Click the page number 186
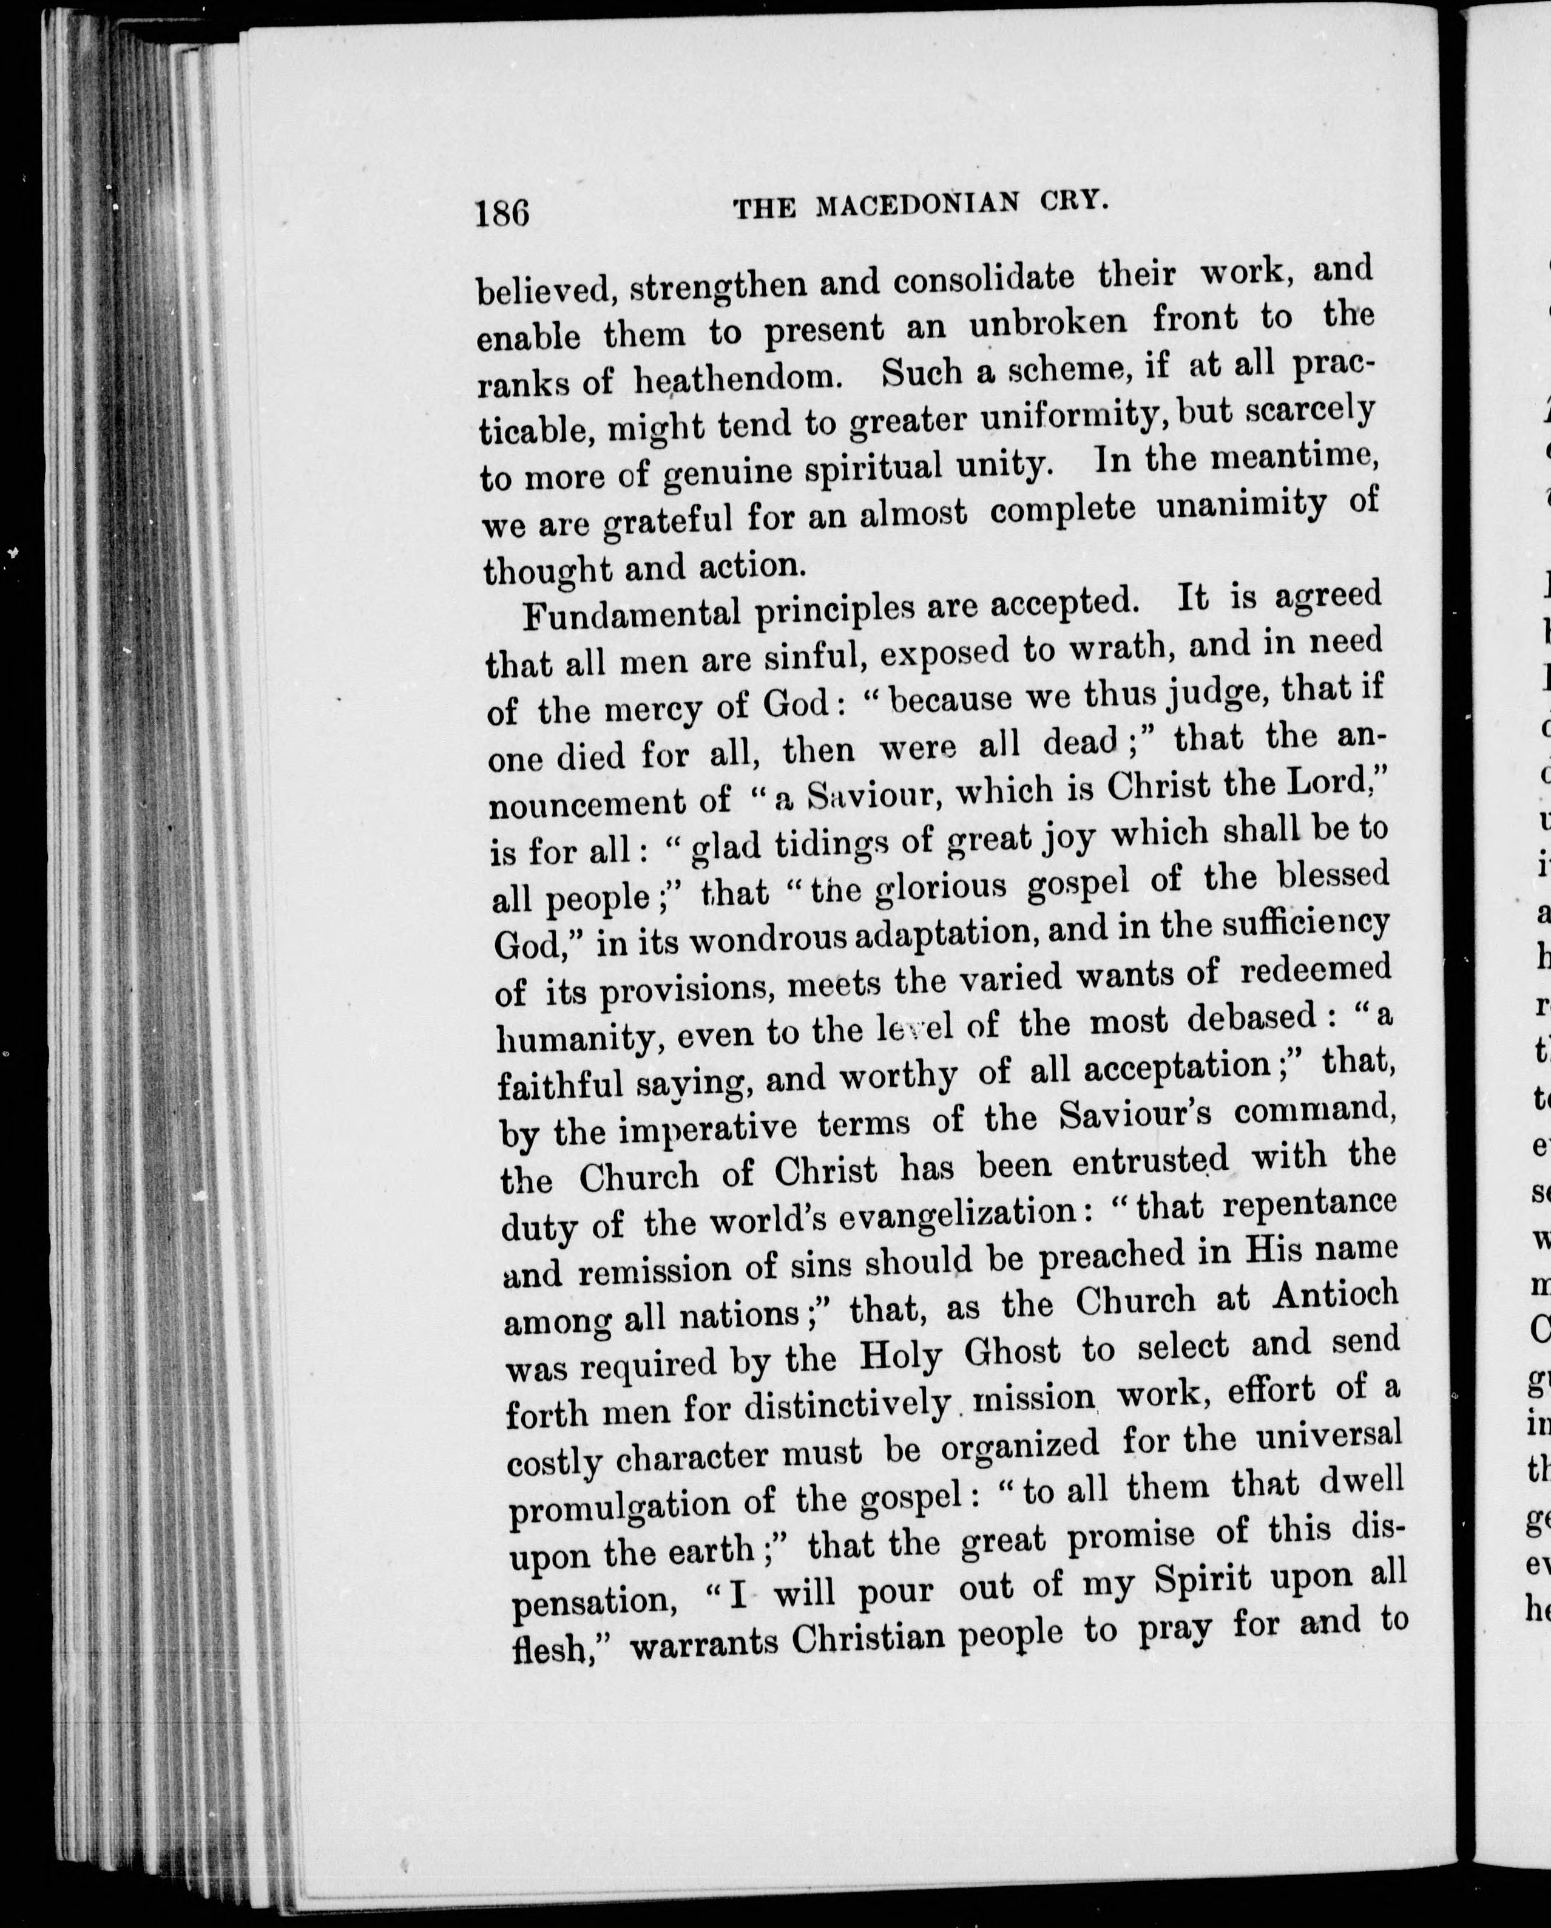click(x=502, y=213)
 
